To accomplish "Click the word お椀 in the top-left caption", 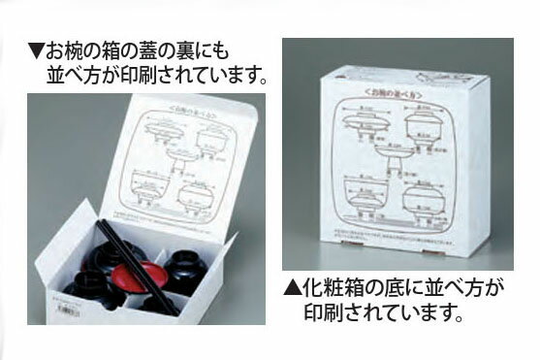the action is [67, 47].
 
